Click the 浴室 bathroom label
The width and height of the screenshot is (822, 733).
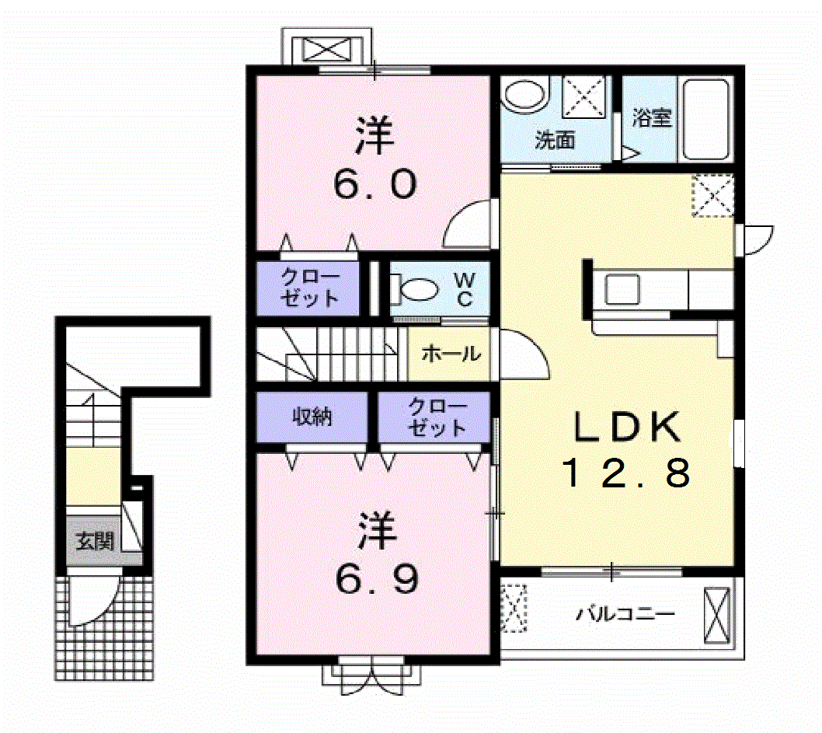pos(652,117)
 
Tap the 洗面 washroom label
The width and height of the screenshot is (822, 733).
pos(555,139)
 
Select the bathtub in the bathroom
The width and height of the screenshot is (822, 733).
pos(706,119)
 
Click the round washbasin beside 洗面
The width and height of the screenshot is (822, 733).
pos(524,95)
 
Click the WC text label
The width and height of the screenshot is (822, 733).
pos(465,289)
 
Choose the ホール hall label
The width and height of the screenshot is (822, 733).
pos(451,354)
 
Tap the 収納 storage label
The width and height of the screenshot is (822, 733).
pos(312,417)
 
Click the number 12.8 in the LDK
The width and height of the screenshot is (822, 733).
pos(626,473)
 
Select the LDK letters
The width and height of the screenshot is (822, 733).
pos(628,427)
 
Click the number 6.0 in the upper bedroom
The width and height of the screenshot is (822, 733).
pos(375,184)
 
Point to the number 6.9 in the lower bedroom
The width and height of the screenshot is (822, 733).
pos(377,578)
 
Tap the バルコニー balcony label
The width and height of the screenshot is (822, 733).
pos(625,613)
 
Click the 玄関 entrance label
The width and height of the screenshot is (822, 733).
pos(95,540)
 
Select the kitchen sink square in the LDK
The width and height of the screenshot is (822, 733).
pos(622,289)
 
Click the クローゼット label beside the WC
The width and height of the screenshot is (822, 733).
pos(310,287)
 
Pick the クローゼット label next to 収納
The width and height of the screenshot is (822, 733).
pos(437,417)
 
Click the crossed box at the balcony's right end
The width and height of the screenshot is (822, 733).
pos(716,616)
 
